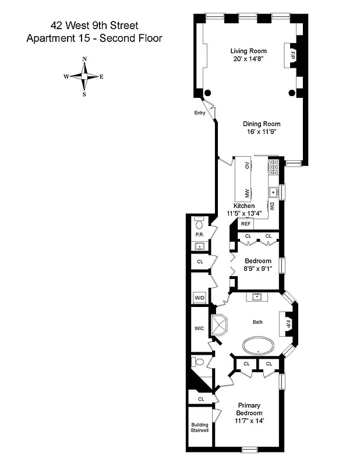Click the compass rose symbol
(84, 76)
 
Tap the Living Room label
(248, 51)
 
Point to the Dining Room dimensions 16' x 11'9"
(262, 132)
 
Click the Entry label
(200, 113)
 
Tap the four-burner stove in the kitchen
(273, 168)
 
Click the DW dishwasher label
(271, 206)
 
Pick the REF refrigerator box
(246, 224)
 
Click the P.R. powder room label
(199, 235)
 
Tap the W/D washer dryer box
(200, 298)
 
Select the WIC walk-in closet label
(199, 329)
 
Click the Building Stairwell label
(200, 428)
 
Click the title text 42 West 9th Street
(94, 26)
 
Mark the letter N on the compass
(84, 59)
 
